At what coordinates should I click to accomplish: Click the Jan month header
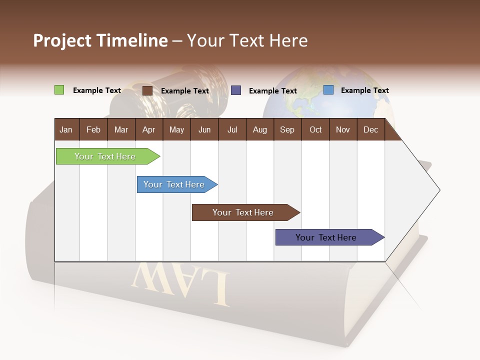pyautogui.click(x=66, y=129)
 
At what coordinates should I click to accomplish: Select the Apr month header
pyautogui.click(x=148, y=129)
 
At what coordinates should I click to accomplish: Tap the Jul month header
pyautogui.click(x=232, y=129)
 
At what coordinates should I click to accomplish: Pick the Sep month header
pyautogui.click(x=287, y=129)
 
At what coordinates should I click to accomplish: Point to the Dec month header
pyautogui.click(x=370, y=129)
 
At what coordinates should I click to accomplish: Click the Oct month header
pyautogui.click(x=315, y=129)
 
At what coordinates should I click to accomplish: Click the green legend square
pyautogui.click(x=59, y=90)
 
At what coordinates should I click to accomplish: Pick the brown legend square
pyautogui.click(x=147, y=90)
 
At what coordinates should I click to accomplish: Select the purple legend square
pyautogui.click(x=236, y=90)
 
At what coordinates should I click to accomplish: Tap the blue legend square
pyautogui.click(x=328, y=90)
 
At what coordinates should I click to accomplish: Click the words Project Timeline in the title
pyautogui.click(x=100, y=40)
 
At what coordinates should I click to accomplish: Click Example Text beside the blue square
pyautogui.click(x=364, y=90)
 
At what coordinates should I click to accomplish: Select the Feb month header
pyautogui.click(x=93, y=129)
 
